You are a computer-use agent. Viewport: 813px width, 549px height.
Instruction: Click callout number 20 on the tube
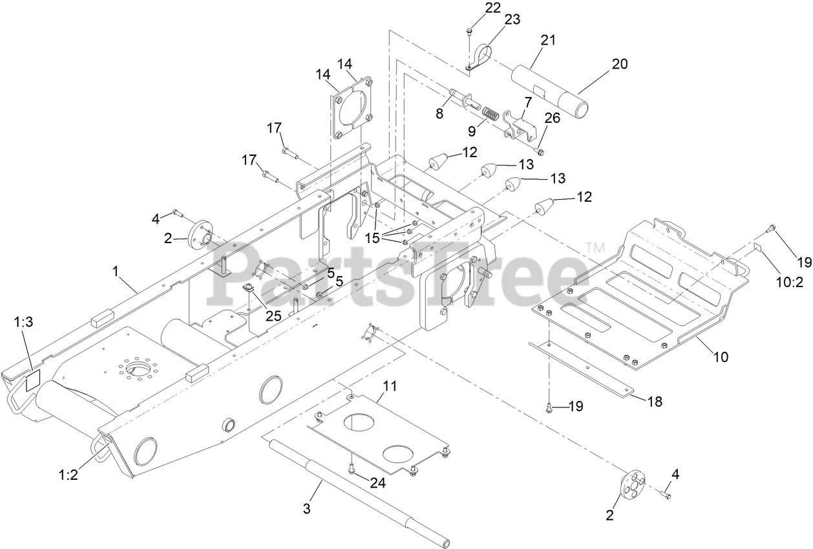619,64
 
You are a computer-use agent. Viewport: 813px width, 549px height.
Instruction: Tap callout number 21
548,40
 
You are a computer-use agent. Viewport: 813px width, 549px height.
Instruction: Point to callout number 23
512,20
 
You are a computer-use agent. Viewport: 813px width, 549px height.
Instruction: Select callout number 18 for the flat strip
654,402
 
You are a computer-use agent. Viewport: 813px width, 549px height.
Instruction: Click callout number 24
377,482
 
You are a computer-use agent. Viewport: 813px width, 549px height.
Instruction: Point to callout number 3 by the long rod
307,508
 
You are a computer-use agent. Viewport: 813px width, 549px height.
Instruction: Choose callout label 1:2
69,475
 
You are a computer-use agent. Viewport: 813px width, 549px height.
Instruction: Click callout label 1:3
23,322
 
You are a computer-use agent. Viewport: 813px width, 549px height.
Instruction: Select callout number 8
439,113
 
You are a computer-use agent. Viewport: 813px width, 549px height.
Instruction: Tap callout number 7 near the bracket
527,102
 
